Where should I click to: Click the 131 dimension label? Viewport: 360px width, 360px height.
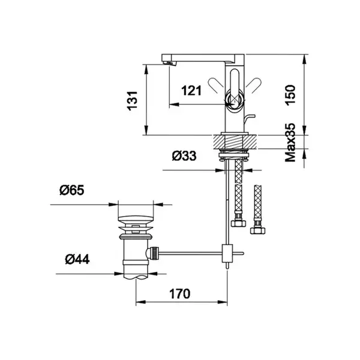[x=133, y=101]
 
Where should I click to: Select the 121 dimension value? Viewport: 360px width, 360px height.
[x=191, y=91]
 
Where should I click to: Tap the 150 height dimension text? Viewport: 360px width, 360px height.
[x=290, y=95]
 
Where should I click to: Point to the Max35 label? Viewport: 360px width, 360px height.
[x=290, y=143]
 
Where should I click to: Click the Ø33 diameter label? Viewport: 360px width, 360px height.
[x=184, y=156]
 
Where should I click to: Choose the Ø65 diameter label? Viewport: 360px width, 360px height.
[x=72, y=190]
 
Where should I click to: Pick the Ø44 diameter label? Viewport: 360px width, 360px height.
[x=77, y=259]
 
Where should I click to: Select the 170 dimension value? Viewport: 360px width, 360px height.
[x=180, y=293]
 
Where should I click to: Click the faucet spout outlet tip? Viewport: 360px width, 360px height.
[x=169, y=63]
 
